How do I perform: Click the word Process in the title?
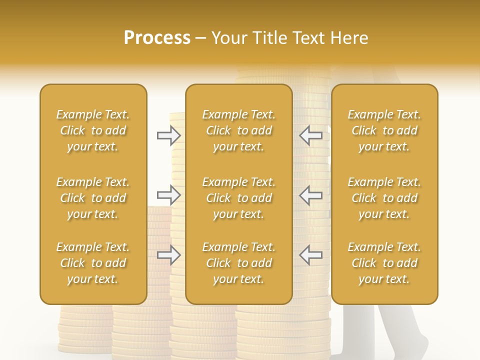(x=157, y=38)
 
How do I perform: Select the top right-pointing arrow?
(x=169, y=135)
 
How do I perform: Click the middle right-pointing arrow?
(x=169, y=195)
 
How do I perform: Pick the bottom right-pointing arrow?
(x=169, y=255)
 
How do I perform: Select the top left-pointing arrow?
(x=310, y=135)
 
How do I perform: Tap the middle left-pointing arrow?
(x=310, y=195)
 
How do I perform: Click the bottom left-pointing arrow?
(x=310, y=255)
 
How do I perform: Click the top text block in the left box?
(x=93, y=130)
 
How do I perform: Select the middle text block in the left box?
(x=93, y=198)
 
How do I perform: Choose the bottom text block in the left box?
(x=93, y=263)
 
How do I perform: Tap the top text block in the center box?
(x=239, y=130)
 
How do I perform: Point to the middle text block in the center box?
(x=239, y=198)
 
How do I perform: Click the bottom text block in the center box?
(x=239, y=263)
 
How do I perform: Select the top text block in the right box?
(x=384, y=130)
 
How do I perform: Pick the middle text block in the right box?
(x=384, y=198)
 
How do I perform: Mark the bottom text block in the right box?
(x=384, y=263)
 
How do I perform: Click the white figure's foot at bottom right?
(x=415, y=345)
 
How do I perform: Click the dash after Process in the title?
(x=201, y=38)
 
